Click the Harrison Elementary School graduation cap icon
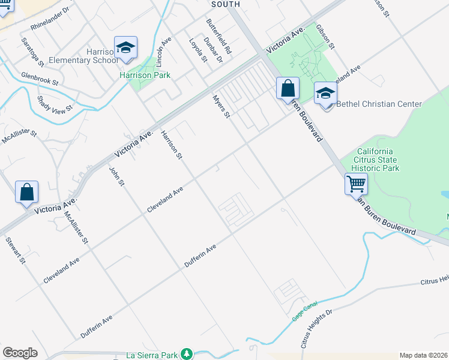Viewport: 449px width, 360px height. click(125, 47)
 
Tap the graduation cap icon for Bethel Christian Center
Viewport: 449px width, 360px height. click(325, 93)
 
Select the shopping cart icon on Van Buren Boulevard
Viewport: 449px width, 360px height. click(357, 184)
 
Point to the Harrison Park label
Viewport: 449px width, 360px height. click(145, 75)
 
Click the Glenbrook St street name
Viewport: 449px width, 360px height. click(39, 79)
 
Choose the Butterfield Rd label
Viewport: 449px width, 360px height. click(219, 34)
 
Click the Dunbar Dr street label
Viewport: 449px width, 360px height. click(213, 50)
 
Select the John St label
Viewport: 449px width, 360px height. click(116, 176)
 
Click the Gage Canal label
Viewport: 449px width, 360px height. click(304, 311)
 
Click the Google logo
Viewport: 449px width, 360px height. click(20, 353)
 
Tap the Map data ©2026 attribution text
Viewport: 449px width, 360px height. click(423, 355)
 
